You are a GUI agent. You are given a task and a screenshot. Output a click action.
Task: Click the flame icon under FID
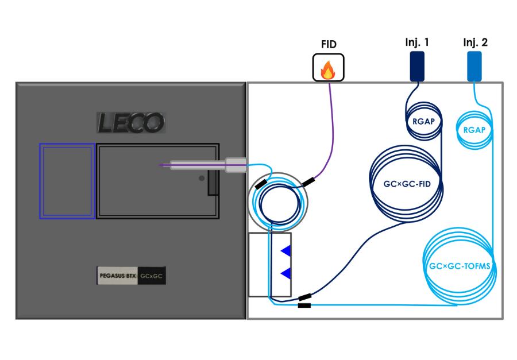[327, 69]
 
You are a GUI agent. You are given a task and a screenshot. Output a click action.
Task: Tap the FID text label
[327, 44]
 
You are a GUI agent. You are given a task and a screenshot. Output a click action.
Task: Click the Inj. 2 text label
[475, 42]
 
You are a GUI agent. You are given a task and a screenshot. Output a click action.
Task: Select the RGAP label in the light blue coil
[474, 130]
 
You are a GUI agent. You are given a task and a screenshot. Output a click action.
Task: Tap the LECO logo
[130, 122]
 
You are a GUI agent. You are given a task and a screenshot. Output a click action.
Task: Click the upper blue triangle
[285, 250]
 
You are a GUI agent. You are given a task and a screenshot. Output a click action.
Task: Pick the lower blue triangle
[285, 273]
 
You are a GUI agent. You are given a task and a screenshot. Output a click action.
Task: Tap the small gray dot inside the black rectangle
[201, 179]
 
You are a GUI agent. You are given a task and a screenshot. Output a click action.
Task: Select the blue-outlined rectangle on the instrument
[67, 181]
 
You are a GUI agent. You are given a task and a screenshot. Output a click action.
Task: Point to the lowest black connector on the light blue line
[304, 305]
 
